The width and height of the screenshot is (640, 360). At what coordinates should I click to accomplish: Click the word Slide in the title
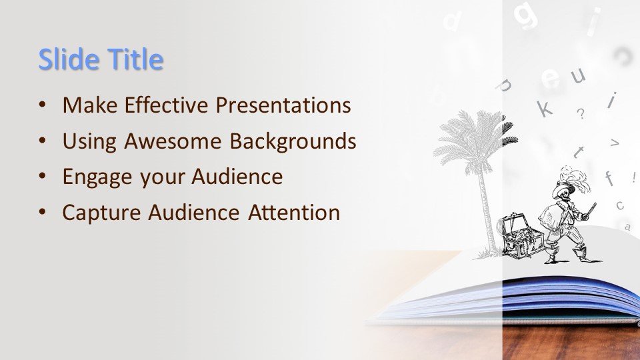point(69,59)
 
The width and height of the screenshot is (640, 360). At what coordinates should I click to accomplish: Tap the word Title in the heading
point(135,59)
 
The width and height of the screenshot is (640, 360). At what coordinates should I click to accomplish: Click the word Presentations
point(283,105)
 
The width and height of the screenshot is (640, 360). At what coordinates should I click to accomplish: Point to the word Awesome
point(173,141)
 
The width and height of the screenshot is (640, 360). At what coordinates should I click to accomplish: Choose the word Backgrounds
point(293,141)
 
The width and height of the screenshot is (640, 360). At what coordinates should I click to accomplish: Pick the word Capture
point(101,213)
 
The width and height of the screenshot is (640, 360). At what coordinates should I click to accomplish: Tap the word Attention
point(294,213)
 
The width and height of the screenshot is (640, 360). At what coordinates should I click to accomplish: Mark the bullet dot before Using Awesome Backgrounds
point(43,141)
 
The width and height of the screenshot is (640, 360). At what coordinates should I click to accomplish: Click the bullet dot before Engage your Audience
point(43,176)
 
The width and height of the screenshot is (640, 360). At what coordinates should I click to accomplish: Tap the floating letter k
point(544,108)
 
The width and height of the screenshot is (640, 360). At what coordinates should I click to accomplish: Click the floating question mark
point(581,113)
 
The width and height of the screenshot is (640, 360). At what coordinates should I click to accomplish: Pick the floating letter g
point(526,15)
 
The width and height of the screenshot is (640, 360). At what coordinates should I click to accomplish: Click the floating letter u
point(578,75)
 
